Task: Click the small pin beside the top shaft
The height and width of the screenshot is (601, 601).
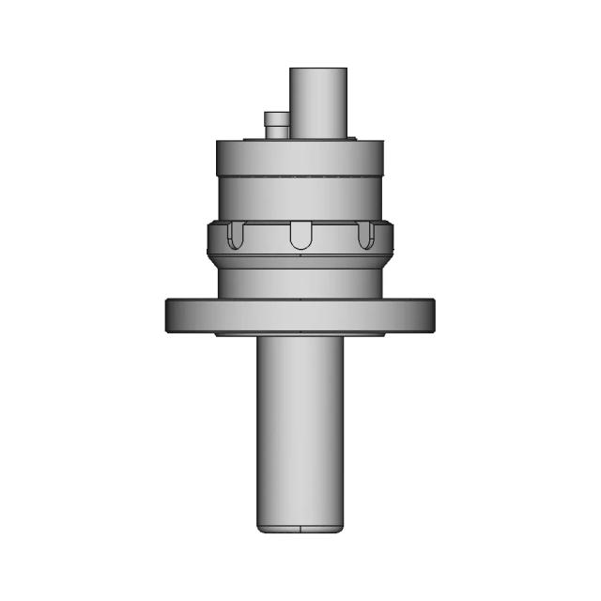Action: click(277, 126)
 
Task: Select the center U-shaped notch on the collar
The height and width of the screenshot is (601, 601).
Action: click(300, 236)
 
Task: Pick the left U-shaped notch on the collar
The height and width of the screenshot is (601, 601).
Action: click(237, 236)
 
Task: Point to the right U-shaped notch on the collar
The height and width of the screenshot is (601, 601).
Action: click(364, 236)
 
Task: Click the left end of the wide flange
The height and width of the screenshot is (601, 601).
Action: click(171, 315)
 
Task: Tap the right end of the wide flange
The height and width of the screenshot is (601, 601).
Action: click(430, 315)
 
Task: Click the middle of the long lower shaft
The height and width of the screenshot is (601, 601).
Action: click(300, 432)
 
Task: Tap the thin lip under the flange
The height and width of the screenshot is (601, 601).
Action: click(300, 334)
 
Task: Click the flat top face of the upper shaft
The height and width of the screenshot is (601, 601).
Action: click(317, 69)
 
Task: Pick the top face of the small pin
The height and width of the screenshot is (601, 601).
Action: click(277, 115)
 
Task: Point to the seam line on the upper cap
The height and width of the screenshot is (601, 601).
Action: click(300, 176)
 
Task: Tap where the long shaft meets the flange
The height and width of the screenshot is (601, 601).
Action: click(300, 339)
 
